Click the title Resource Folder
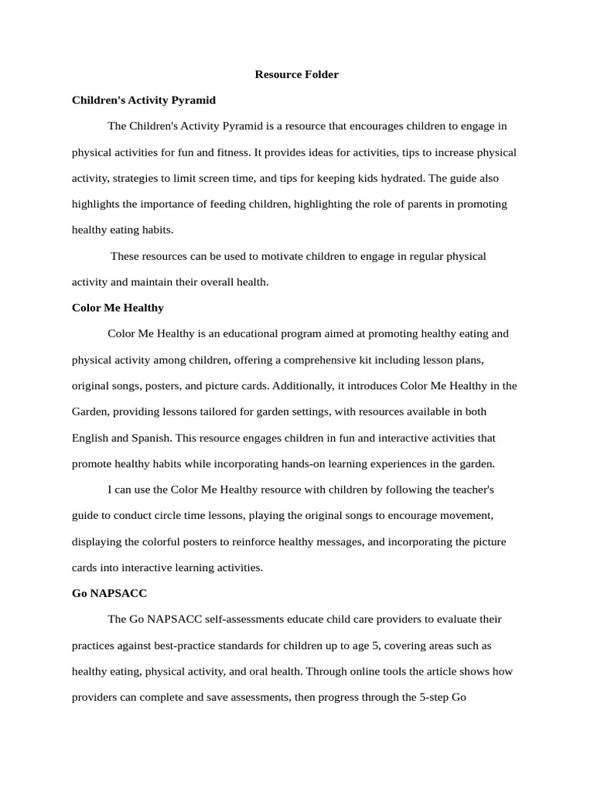(297, 74)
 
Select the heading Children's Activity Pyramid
(143, 100)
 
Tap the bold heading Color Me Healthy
(118, 308)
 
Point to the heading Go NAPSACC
(109, 593)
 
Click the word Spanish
(150, 438)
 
